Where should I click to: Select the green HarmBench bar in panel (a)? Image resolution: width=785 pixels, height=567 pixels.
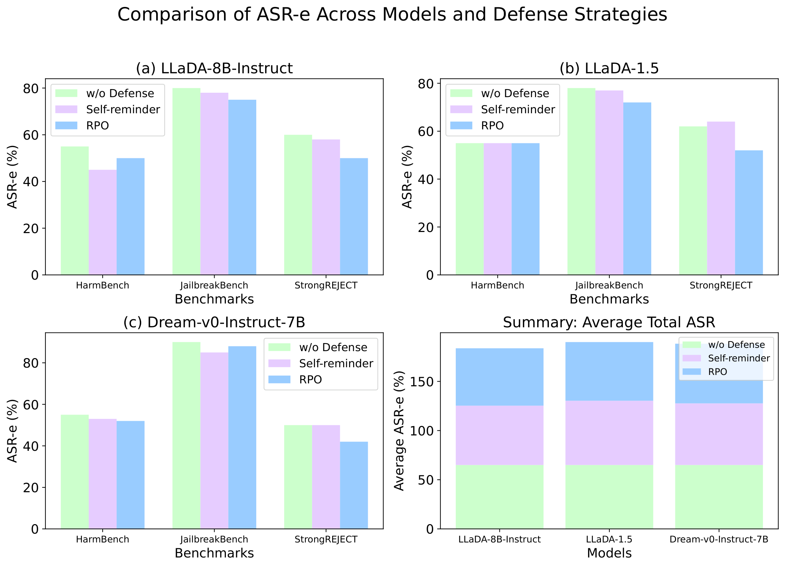[x=75, y=211]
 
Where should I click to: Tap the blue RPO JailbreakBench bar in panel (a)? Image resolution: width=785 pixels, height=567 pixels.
[x=242, y=187]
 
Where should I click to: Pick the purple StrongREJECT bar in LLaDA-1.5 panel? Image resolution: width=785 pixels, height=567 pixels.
[x=721, y=198]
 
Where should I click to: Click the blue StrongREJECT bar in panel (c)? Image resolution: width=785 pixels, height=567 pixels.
[x=354, y=485]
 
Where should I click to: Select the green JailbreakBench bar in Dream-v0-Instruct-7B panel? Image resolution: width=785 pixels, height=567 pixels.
[x=187, y=435]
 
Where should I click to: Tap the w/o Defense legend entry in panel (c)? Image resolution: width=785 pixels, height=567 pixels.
[x=318, y=347]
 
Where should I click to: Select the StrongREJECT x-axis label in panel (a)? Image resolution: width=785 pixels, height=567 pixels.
[x=326, y=286]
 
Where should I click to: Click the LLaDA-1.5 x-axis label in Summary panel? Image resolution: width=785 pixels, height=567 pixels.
[x=609, y=540]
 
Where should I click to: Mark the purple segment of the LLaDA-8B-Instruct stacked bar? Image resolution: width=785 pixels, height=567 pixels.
[x=499, y=435]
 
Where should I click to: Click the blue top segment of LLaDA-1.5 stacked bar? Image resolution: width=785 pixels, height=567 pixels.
[x=609, y=372]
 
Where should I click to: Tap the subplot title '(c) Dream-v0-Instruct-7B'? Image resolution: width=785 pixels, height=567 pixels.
[x=214, y=323]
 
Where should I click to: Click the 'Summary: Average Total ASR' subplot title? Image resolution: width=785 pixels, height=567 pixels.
[x=609, y=323]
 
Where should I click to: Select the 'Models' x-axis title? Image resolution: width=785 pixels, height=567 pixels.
[x=609, y=553]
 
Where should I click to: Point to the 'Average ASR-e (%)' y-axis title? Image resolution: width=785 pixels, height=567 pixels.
[x=399, y=431]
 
